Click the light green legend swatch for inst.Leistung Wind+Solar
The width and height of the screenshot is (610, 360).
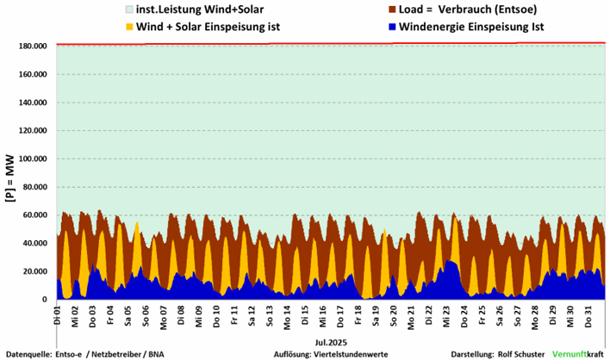point(117,10)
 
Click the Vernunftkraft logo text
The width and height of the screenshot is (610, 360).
point(577,353)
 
